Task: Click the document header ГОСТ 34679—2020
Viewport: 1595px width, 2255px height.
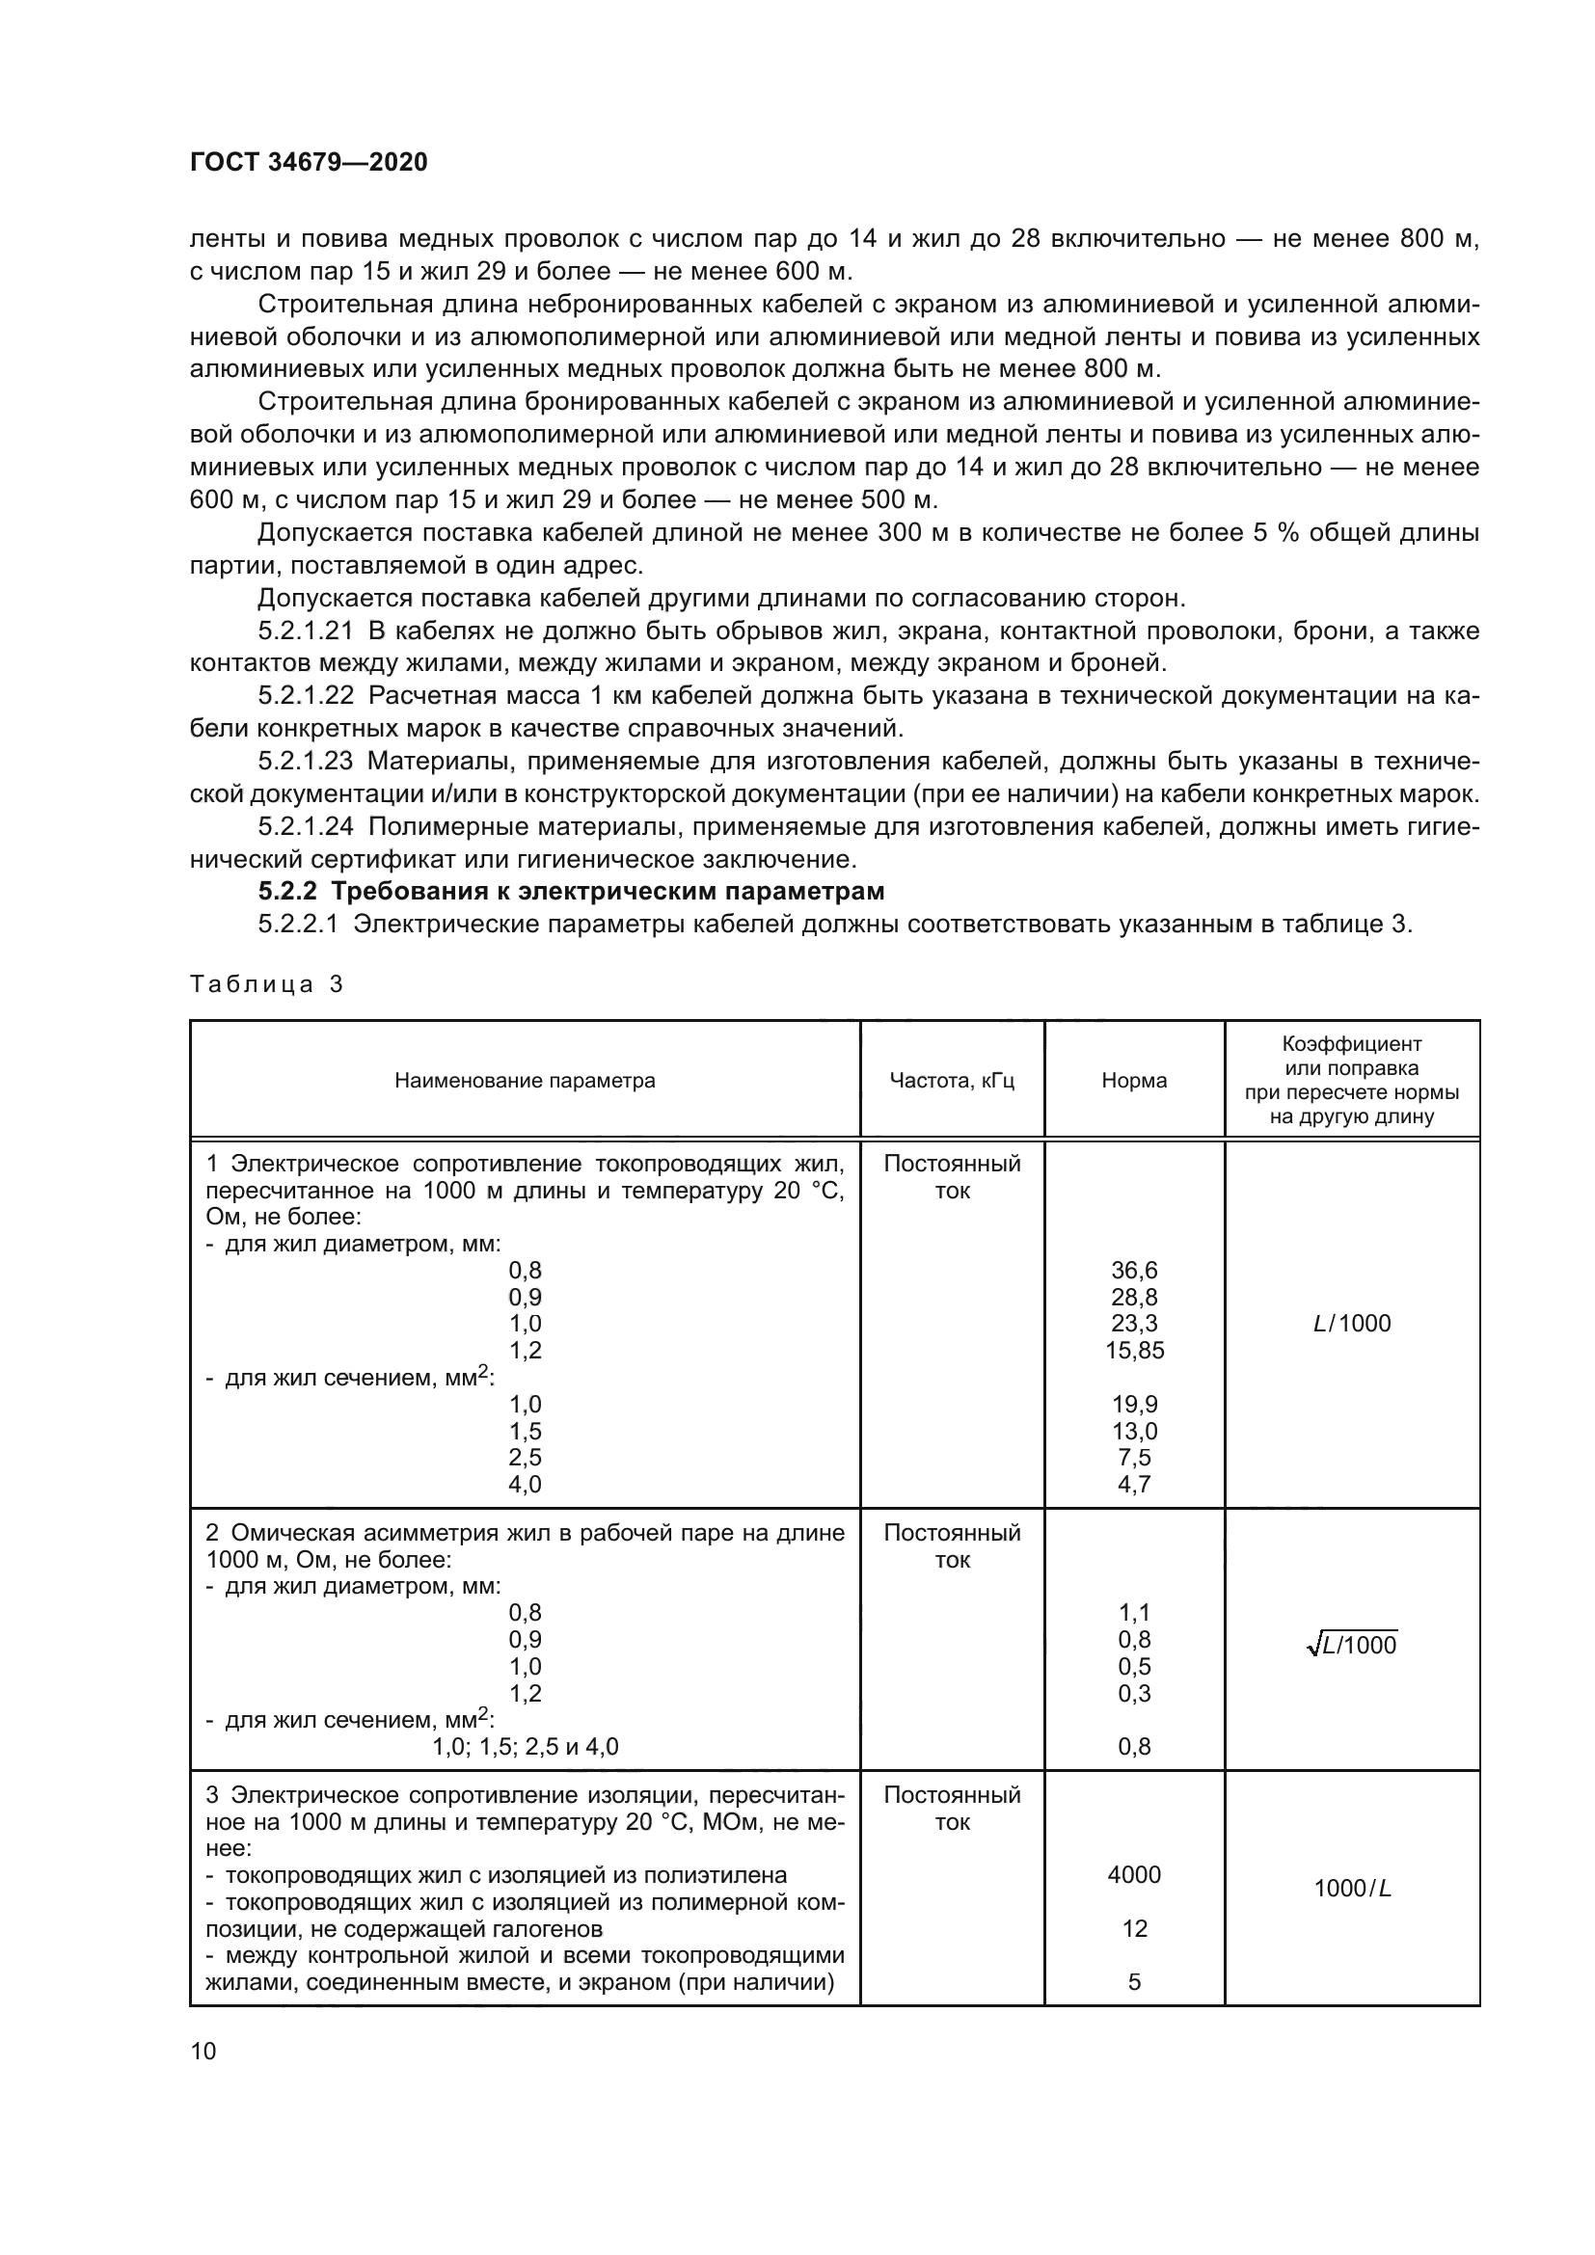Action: [x=309, y=162]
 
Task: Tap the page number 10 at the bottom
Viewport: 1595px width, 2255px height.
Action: [x=203, y=2051]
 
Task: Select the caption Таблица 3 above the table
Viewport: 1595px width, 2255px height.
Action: [x=266, y=984]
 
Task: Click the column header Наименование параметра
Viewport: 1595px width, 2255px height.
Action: [x=525, y=1081]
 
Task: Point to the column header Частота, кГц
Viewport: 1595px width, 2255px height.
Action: [x=952, y=1081]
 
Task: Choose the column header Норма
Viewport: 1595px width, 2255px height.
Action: [x=1134, y=1081]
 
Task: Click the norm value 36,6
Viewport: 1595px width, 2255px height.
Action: [x=1134, y=1270]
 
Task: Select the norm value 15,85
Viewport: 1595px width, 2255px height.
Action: [x=1134, y=1351]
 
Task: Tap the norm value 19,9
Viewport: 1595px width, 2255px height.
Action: [x=1134, y=1404]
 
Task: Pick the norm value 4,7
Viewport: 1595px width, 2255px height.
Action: [x=1134, y=1484]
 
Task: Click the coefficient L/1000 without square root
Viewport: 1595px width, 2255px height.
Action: [x=1351, y=1324]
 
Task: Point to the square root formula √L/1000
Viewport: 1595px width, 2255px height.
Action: [x=1351, y=1645]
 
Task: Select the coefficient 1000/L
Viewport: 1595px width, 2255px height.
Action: [x=1351, y=1889]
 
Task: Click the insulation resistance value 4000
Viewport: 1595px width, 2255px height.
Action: [x=1134, y=1875]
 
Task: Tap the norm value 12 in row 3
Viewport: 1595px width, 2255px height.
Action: [x=1134, y=1929]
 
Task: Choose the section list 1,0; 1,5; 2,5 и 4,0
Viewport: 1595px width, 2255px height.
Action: [x=525, y=1746]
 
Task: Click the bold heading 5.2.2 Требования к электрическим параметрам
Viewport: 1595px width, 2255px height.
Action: [x=571, y=892]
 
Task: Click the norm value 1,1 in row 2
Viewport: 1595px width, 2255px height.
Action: [x=1134, y=1612]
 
